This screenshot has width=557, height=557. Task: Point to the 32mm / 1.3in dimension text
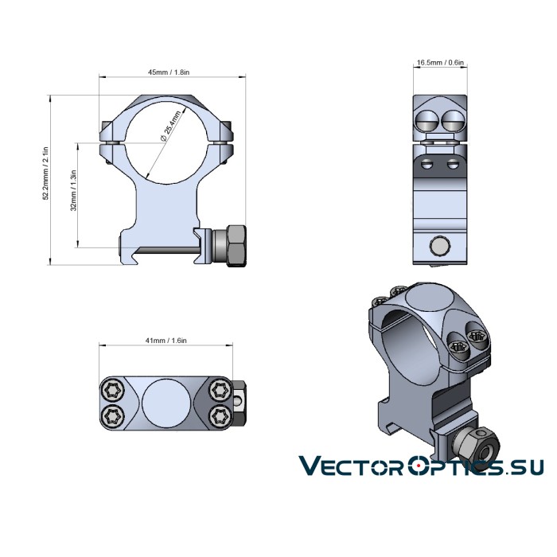(x=73, y=191)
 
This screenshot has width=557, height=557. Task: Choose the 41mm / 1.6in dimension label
(x=166, y=340)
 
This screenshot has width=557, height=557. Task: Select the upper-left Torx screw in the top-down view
(x=111, y=390)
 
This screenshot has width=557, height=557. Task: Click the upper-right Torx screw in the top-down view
(x=217, y=390)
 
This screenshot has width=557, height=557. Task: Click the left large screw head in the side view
(x=426, y=120)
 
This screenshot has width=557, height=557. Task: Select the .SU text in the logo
(x=522, y=468)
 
